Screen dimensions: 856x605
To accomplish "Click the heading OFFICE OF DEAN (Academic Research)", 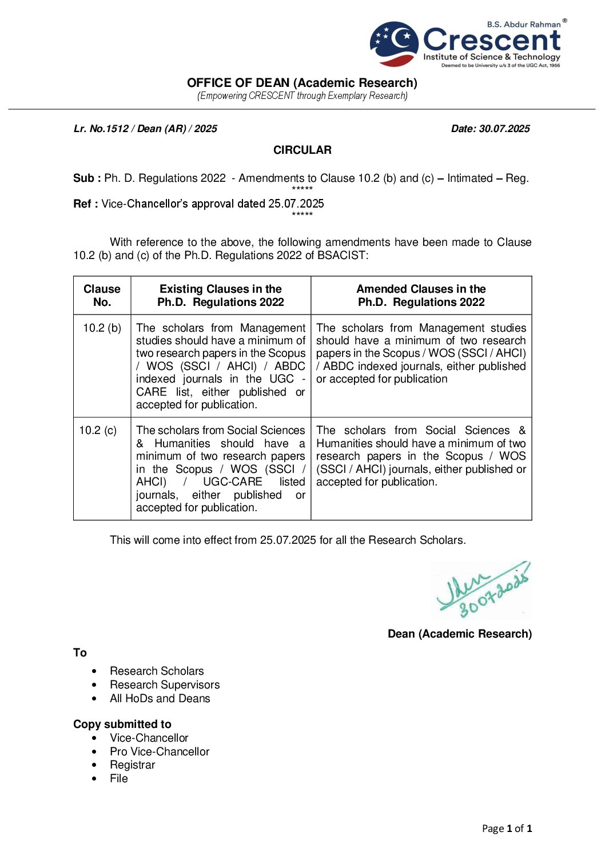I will point(302,83).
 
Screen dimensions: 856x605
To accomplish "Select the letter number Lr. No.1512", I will point(145,129).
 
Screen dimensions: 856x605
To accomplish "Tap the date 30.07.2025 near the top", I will point(490,129).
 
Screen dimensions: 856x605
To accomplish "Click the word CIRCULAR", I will point(302,150).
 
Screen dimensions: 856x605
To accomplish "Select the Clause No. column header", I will point(102,296).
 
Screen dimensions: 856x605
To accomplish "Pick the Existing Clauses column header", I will point(221,296).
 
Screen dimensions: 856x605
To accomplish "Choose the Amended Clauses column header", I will point(421,296).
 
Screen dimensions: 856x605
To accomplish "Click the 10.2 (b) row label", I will point(102,328).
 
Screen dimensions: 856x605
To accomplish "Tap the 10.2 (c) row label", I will point(98,431).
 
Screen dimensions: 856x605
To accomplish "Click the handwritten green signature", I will point(481,590).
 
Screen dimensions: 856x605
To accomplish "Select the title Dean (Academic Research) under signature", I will point(459,634).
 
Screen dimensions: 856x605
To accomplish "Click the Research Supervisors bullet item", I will point(165,685).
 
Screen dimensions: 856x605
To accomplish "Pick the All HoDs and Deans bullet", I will point(160,699).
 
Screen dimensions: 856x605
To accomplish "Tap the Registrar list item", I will point(133,765).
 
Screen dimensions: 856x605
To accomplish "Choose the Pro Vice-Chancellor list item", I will point(160,752).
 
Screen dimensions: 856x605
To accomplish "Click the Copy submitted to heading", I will point(122,724).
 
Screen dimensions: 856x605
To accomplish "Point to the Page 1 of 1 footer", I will point(507,829).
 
